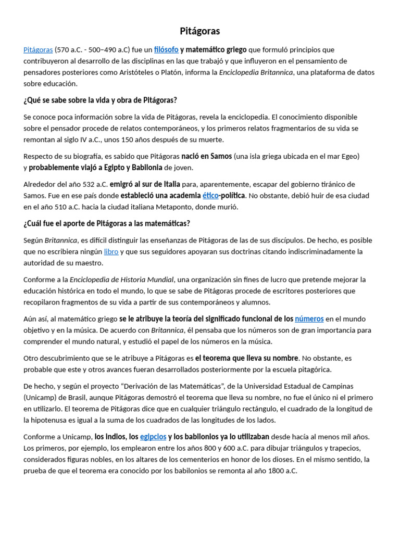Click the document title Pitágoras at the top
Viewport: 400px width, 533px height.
(200, 31)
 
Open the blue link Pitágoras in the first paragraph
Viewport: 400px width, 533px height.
(38, 50)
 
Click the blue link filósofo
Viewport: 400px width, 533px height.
(166, 50)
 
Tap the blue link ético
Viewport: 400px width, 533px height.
(210, 196)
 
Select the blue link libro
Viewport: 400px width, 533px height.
(111, 252)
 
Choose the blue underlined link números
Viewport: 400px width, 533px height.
(309, 319)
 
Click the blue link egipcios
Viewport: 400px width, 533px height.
(153, 437)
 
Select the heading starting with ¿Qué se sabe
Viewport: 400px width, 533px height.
(100, 100)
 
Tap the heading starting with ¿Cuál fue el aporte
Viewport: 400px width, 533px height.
(107, 224)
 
